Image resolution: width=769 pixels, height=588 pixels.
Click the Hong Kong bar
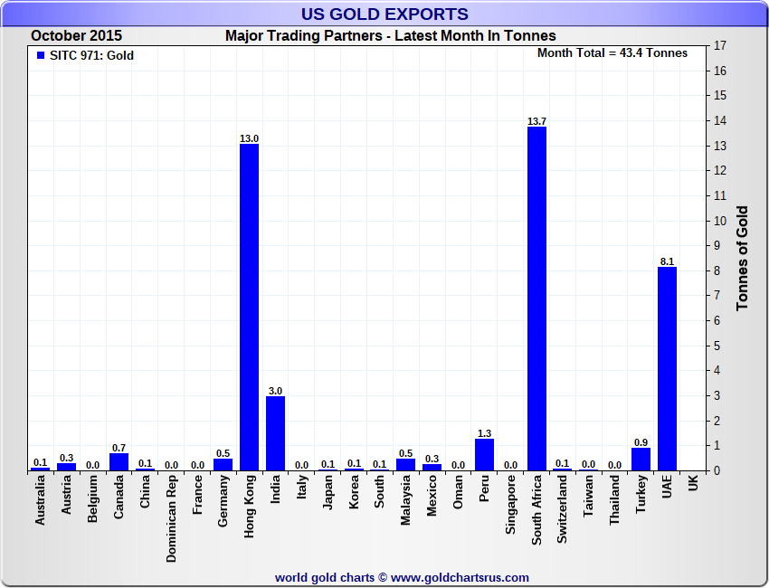pos(249,308)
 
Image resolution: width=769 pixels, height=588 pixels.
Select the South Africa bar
pos(536,299)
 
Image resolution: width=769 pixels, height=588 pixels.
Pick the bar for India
pos(275,433)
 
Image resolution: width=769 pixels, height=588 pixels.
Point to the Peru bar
pos(484,454)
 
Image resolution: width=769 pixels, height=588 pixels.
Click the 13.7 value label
pos(536,121)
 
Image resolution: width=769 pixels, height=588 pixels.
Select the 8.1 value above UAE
pos(667,261)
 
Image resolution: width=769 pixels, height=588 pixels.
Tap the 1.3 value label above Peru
pos(484,433)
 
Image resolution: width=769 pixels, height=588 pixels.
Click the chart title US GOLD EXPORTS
pos(384,14)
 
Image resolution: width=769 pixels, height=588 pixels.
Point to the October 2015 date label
pos(76,36)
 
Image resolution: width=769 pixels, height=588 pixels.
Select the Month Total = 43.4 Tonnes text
pos(612,52)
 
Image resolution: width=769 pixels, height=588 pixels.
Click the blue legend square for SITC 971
pos(40,55)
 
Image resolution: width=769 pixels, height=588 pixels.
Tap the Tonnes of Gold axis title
pos(742,259)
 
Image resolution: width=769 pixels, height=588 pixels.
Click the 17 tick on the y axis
pos(720,45)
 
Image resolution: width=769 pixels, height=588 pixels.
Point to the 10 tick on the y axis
pos(720,221)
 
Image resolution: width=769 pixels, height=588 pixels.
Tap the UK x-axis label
pos(693,484)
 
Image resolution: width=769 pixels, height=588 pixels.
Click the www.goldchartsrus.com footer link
pos(460,577)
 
